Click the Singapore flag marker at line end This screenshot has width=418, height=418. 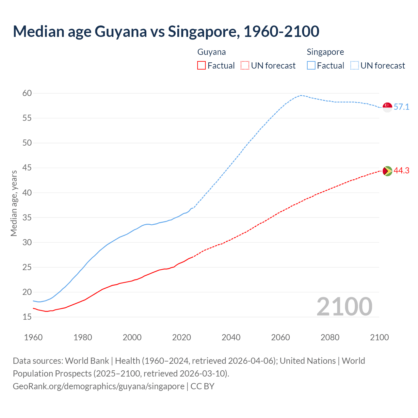point(387,107)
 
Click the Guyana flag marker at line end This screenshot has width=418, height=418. point(387,171)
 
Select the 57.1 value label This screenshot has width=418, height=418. point(401,107)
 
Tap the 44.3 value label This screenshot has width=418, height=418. point(401,171)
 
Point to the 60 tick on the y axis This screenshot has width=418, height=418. point(27,93)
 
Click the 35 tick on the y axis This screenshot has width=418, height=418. point(27,217)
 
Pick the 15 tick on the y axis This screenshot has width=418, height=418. point(27,317)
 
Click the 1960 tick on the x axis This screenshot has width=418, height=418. point(33,337)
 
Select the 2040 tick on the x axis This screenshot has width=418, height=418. point(231,337)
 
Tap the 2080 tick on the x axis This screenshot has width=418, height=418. point(330,337)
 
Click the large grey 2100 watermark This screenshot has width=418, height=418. point(344,306)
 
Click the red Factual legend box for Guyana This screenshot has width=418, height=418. point(201,66)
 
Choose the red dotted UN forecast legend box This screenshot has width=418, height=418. point(245,66)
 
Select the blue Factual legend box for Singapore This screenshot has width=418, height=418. point(311,66)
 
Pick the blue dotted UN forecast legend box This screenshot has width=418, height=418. point(354,66)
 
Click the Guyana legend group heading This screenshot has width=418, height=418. point(212,52)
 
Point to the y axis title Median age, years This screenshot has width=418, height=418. point(14,203)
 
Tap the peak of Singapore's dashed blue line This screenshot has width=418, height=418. point(301,95)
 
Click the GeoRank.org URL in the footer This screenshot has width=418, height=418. point(98,386)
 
